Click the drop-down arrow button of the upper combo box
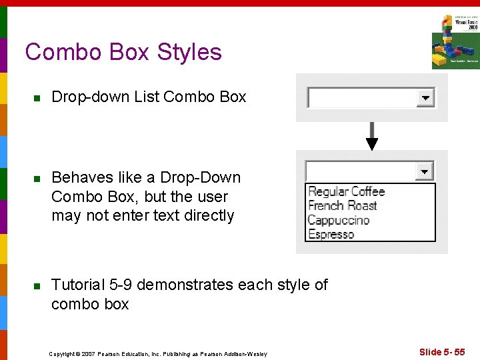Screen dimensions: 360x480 coord(425,98)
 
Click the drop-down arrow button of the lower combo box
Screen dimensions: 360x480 coord(425,171)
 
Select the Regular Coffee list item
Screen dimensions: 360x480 coord(346,191)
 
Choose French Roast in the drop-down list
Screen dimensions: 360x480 coord(342,205)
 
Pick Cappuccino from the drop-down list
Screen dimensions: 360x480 coord(338,220)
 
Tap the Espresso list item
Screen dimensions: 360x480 coord(331,234)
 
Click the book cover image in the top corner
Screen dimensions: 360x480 coord(455,41)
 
